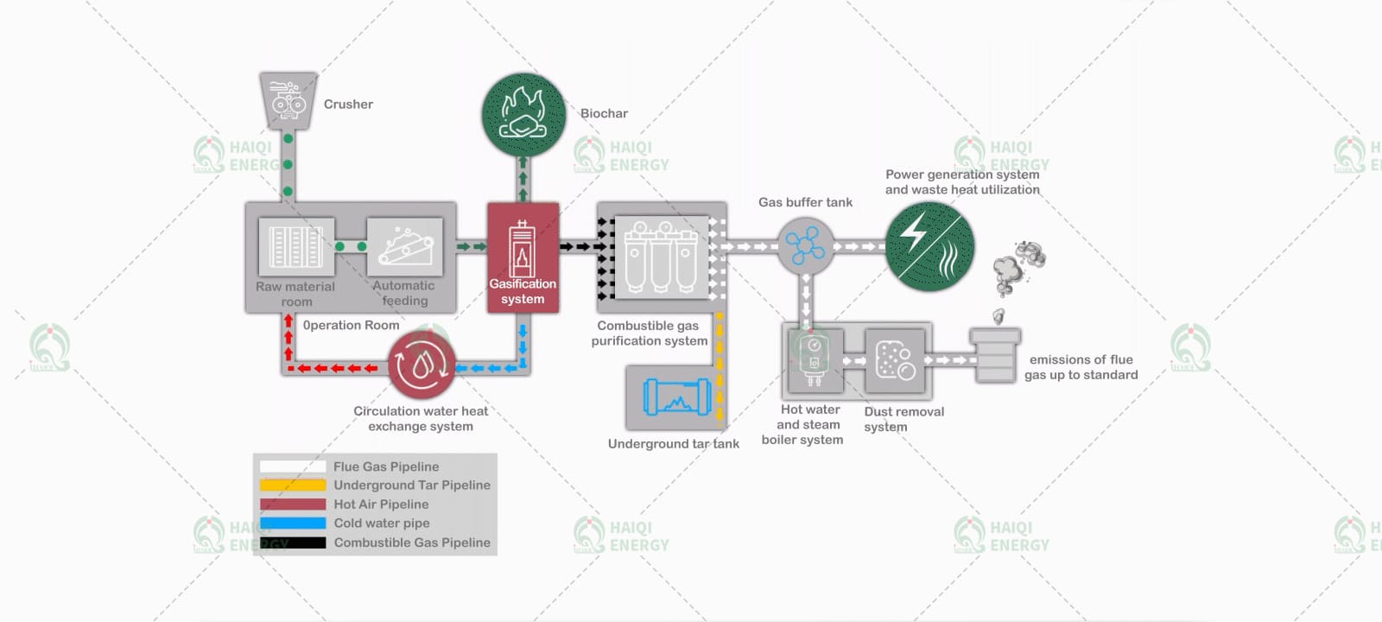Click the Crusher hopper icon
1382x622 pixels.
click(288, 100)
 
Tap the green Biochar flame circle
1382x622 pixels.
click(523, 115)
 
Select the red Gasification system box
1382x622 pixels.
click(523, 257)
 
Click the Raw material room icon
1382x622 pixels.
click(296, 247)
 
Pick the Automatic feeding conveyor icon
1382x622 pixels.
click(405, 247)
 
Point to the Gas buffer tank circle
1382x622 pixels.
click(805, 246)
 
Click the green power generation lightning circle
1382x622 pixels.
click(929, 246)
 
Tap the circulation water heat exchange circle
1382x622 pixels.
click(422, 365)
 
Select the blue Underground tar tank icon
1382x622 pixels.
click(677, 397)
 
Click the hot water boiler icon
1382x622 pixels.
click(815, 361)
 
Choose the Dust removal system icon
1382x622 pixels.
click(895, 361)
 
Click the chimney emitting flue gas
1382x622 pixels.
click(994, 356)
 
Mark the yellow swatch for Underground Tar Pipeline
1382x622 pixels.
click(293, 485)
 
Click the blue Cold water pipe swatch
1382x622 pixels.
click(293, 524)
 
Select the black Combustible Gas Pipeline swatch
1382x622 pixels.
click(293, 543)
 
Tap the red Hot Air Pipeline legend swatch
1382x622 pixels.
click(293, 505)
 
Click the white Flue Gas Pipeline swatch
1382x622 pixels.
click(293, 466)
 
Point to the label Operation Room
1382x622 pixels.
click(351, 325)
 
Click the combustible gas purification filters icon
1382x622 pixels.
click(662, 257)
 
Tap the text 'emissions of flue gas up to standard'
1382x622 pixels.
click(1081, 367)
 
